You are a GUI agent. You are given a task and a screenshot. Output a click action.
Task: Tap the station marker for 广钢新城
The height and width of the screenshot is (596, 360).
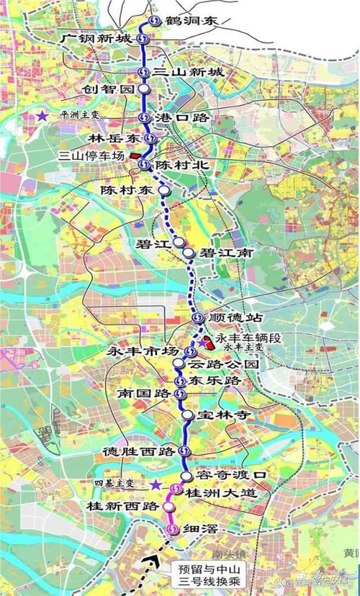[144, 38]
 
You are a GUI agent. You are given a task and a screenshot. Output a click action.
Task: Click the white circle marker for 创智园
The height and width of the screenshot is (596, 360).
[144, 89]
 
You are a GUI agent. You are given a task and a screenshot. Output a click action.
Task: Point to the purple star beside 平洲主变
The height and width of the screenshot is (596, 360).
[45, 115]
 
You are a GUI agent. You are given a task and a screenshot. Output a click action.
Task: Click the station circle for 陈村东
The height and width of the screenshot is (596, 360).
[165, 191]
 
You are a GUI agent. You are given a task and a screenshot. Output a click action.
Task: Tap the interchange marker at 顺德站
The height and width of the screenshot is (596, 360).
[197, 318]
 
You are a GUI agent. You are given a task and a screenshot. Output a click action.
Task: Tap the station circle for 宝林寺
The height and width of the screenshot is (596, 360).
[186, 415]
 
